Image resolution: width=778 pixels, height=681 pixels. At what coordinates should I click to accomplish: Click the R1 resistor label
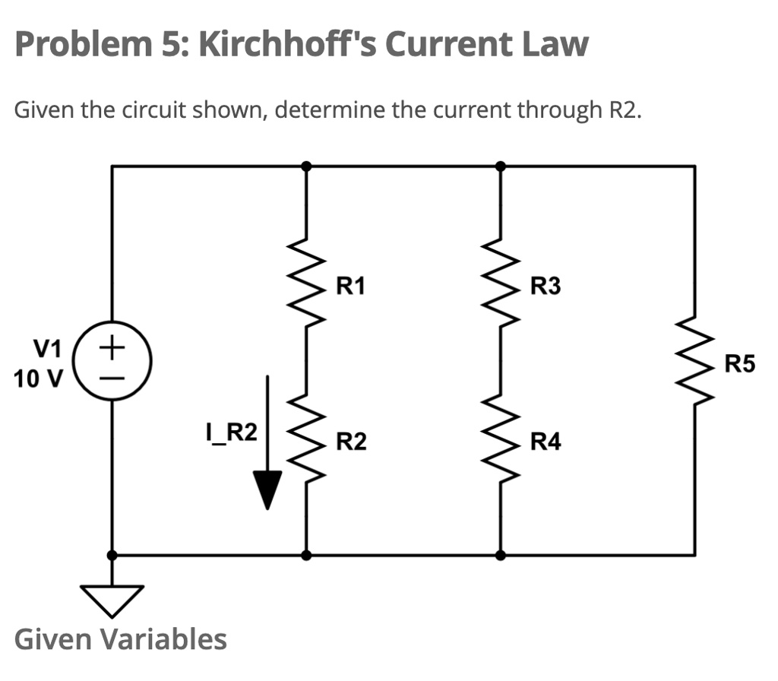point(351,287)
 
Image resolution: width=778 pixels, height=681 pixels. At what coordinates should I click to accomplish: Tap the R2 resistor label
point(352,441)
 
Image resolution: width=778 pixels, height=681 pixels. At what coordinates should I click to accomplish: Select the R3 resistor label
point(546,287)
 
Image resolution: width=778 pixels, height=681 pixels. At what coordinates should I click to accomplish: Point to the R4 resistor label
point(546,441)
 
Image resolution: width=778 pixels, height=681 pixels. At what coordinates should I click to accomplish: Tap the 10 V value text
point(38,378)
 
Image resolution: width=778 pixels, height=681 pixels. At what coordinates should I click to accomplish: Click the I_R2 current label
point(231,432)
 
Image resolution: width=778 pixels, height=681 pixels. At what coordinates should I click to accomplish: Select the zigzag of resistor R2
point(306,436)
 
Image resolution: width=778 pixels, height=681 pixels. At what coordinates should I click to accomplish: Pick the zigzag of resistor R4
point(500,436)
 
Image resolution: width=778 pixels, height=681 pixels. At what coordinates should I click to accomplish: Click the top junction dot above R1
point(306,165)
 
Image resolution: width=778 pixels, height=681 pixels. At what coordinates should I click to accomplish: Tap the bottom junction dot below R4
point(500,556)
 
